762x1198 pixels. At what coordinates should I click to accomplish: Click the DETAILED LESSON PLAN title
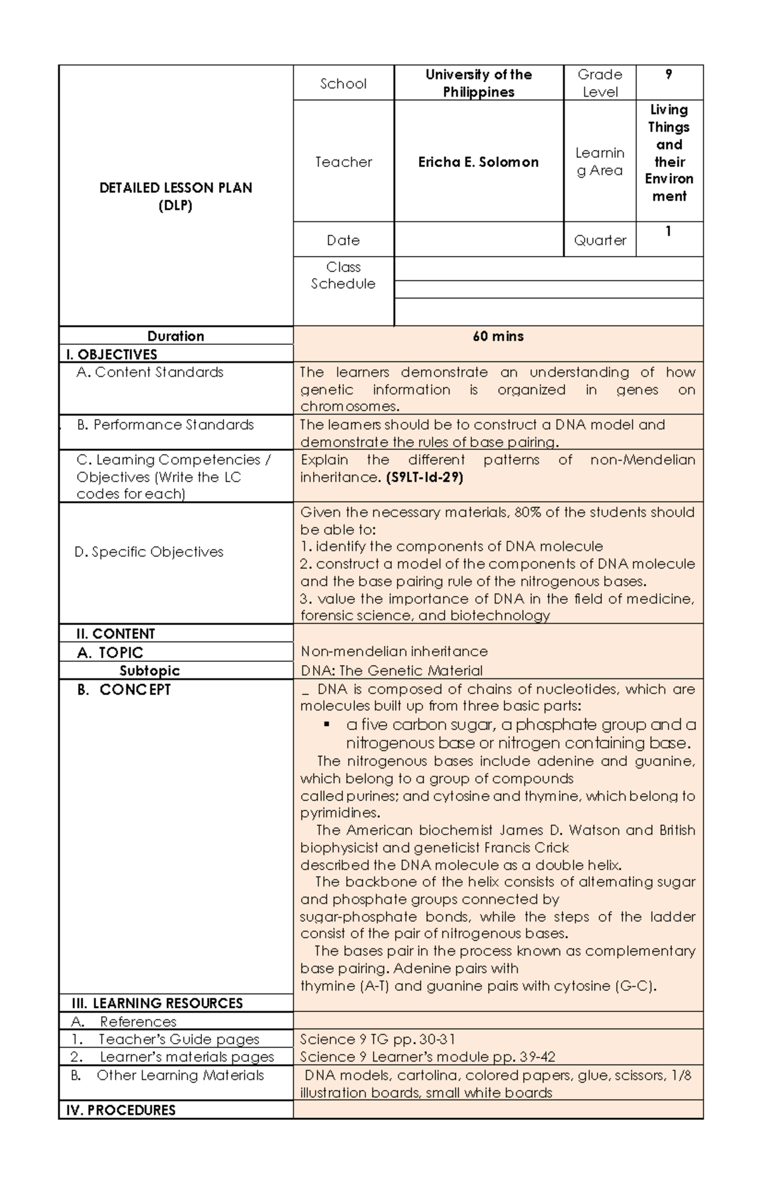tap(176, 188)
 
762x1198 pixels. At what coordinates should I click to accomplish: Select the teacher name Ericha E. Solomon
tap(478, 162)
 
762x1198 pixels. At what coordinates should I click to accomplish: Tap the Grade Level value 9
tap(669, 75)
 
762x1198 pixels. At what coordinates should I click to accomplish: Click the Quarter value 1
tap(668, 231)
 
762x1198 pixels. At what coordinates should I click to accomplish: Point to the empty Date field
tap(478, 239)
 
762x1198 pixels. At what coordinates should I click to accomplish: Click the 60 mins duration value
tap(498, 336)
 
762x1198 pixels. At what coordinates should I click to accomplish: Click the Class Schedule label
tap(343, 275)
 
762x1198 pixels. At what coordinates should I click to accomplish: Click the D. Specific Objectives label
tap(149, 552)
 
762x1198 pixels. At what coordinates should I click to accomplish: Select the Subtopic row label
tap(150, 670)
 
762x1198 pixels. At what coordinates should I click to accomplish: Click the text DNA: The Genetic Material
tap(391, 670)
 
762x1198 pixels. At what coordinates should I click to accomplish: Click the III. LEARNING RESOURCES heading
tap(154, 1003)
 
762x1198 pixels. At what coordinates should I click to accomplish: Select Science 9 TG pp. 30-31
tap(377, 1039)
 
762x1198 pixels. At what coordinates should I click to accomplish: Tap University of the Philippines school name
tap(478, 83)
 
